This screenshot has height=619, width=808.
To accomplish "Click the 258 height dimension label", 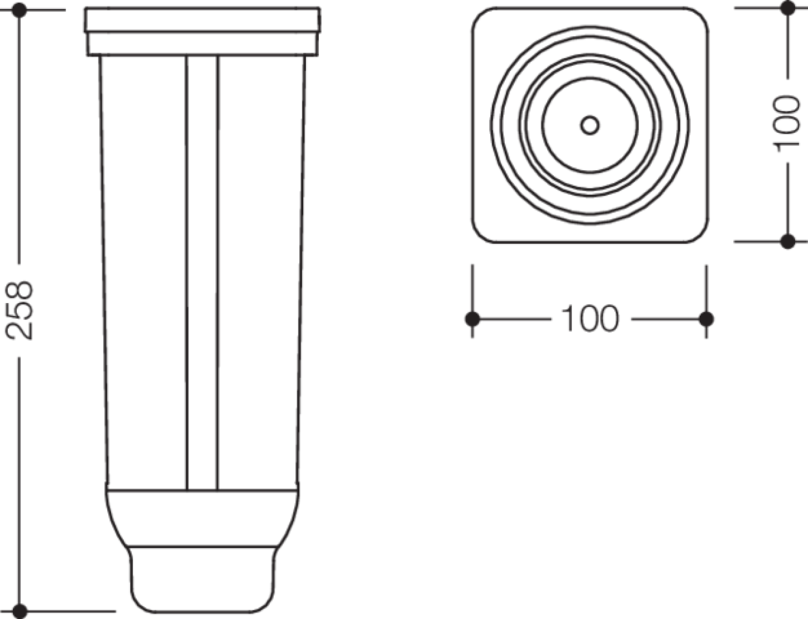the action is point(20,311).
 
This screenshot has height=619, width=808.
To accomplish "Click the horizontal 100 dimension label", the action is point(590,319).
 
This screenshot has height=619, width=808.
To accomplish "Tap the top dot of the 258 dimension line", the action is point(19,10).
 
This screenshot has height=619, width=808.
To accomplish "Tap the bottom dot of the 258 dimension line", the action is point(20,611).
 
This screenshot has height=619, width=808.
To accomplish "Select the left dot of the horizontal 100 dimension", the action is point(472,319).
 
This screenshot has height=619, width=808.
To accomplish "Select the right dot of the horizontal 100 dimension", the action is point(707,319).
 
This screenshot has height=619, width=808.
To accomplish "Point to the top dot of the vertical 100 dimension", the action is point(788,8).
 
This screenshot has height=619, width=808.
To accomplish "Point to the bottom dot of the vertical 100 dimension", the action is point(788,242).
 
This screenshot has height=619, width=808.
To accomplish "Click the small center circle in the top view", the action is point(590,125).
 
